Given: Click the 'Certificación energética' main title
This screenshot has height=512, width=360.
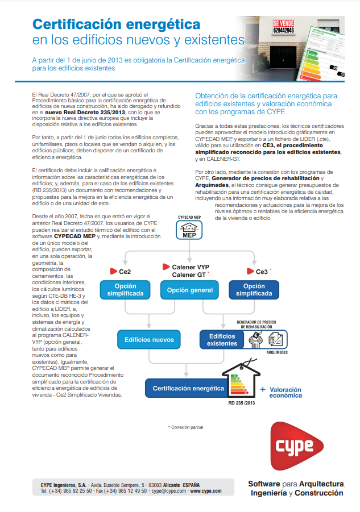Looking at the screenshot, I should click(116, 24).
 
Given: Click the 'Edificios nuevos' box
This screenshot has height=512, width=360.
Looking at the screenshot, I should click(149, 340).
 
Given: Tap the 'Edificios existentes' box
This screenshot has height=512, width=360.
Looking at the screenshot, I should click(222, 340).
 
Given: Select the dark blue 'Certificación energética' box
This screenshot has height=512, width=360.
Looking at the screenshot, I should click(188, 389).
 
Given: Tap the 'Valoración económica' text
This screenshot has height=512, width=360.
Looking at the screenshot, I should click(285, 392).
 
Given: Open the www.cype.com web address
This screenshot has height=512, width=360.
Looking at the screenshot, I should click(205, 491).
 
